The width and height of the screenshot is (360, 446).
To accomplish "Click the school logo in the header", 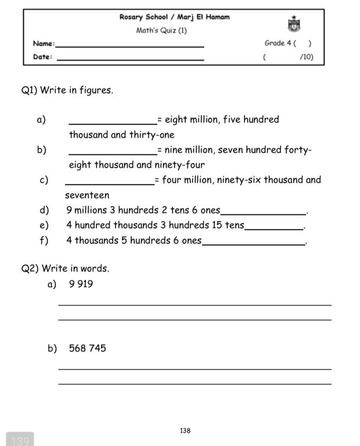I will point(294,24).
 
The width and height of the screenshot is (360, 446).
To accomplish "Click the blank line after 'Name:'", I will point(129,45).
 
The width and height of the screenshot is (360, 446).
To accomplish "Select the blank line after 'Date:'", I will point(130,59).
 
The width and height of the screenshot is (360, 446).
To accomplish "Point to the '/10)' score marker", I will point(306,57).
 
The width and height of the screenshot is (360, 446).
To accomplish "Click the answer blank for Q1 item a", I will point(113,122).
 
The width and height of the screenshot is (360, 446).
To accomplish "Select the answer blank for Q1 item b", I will point(113,152).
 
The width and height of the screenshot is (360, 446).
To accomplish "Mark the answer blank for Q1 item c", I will point(109,182).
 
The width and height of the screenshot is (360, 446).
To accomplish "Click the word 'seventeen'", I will point(87,195).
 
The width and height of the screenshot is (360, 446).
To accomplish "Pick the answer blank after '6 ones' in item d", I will point(264,213).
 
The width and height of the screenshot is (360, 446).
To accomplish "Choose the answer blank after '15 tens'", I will point(274,228).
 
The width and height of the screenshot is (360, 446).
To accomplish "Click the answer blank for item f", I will point(254,243).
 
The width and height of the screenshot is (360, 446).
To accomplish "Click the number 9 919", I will point(81,284).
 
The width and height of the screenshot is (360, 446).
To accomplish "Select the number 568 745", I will point(87,348).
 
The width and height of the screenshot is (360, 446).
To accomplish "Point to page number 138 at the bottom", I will point(185,430).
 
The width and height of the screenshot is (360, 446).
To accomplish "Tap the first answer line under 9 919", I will point(195,304).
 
